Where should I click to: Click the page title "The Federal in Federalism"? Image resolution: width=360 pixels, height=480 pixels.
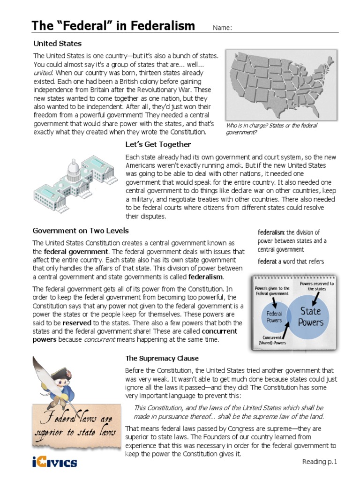pos(112,26)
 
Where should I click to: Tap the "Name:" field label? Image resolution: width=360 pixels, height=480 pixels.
pos(223,28)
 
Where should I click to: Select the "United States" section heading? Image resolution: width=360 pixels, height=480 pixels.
pos(57,44)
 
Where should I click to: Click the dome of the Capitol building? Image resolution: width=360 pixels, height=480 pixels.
pos(73,167)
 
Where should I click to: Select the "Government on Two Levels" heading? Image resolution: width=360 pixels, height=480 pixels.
pos(81,231)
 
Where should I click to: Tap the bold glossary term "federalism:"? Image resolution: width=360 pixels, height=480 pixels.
pos(271,232)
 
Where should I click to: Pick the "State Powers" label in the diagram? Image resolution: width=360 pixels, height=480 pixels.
pos(311,316)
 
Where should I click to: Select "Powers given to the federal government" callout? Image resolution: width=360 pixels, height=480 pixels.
pos(273,290)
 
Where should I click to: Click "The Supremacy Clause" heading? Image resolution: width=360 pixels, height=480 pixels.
pos(162,359)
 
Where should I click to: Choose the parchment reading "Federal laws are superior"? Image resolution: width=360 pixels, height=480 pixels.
pos(75,424)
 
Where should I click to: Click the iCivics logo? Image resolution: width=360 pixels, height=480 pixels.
pos(55,463)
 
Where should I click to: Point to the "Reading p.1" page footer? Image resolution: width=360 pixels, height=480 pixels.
pos(320,462)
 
